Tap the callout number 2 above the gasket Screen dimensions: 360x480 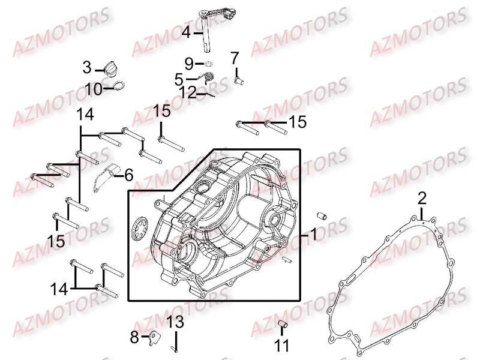(x=422, y=198)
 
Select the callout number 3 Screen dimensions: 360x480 (x=88, y=67)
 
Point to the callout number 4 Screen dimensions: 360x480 (x=187, y=32)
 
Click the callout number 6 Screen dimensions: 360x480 (x=128, y=175)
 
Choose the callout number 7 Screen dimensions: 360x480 (x=234, y=58)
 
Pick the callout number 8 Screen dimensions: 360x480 (x=134, y=337)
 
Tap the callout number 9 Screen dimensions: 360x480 (x=190, y=63)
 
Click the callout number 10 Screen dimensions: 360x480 (x=94, y=89)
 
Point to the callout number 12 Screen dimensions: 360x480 (x=188, y=93)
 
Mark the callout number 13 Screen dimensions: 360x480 (x=174, y=322)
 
